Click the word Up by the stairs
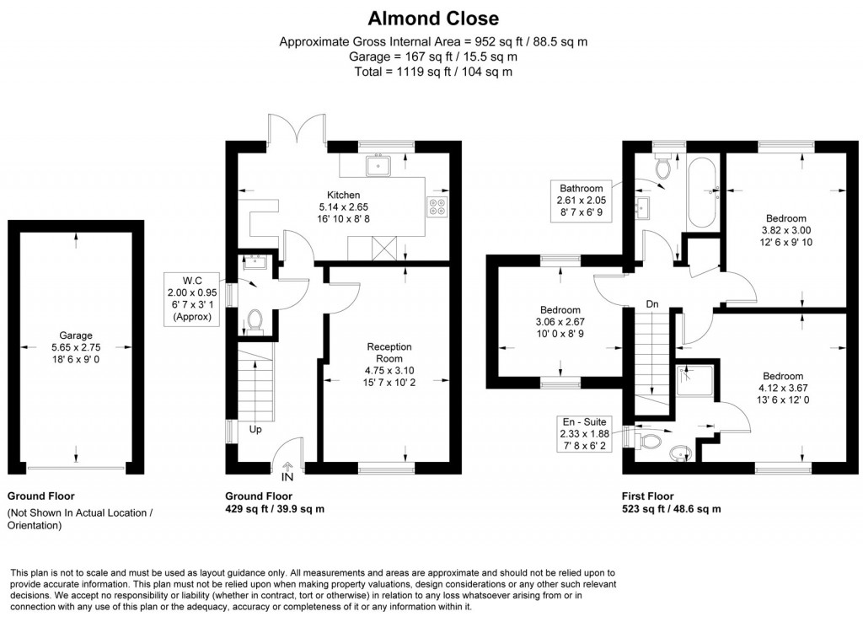tap(255, 429)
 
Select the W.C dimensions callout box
tap(191, 298)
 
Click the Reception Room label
tap(389, 351)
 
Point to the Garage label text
tap(76, 335)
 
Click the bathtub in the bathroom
tap(701, 193)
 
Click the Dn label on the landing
tap(652, 303)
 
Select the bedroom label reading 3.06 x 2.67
tap(560, 322)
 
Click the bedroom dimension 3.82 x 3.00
tap(785, 230)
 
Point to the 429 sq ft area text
tap(275, 509)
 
